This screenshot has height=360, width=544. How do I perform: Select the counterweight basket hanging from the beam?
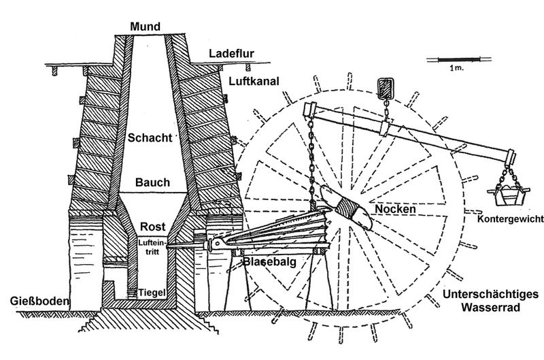click(507, 193)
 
